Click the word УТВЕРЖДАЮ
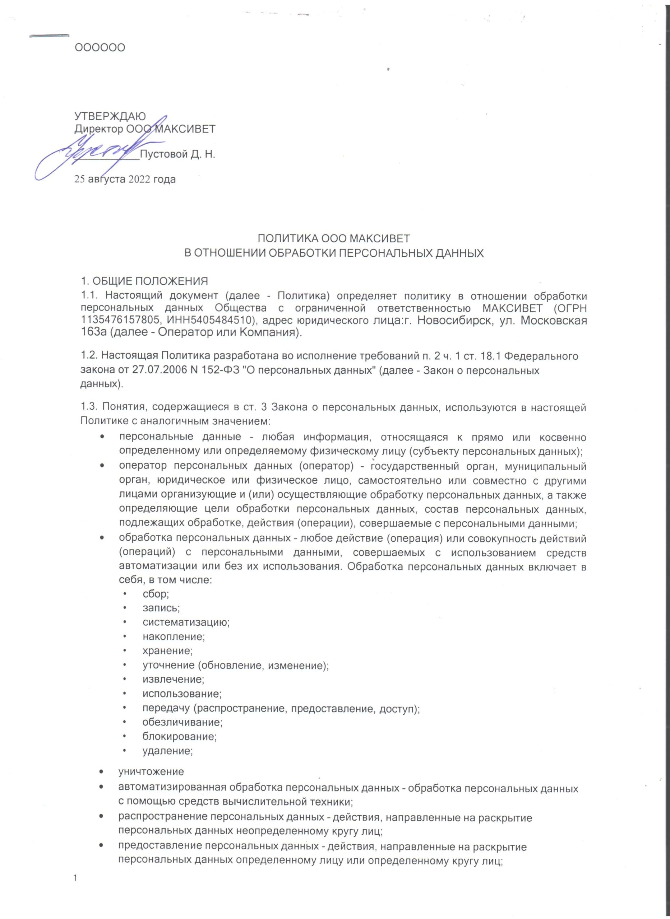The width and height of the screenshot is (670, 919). (x=110, y=116)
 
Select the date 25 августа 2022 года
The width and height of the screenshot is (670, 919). (x=125, y=179)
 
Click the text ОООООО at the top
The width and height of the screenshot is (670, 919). (x=100, y=48)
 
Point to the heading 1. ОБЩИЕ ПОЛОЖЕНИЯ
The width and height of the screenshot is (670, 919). (x=144, y=281)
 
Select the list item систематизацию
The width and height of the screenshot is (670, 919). (x=186, y=622)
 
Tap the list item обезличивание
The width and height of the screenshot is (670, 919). (x=182, y=722)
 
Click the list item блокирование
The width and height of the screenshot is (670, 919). (x=179, y=736)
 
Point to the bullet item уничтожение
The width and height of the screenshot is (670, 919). (x=151, y=771)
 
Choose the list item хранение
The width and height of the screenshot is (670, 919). (x=167, y=651)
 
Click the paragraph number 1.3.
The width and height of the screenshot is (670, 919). (x=88, y=407)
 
